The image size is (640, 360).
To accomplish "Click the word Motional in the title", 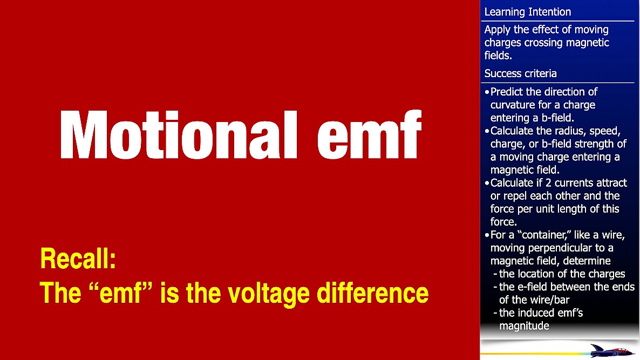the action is coord(179,135).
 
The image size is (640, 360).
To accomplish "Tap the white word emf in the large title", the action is coord(369,135).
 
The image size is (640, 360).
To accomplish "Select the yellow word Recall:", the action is coord(78,259).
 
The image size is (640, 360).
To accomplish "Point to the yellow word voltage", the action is coord(269,294).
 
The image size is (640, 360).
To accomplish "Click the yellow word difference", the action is coord(373,293).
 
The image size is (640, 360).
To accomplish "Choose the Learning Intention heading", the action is coord(527,12).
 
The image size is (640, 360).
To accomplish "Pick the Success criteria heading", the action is coord(520,73).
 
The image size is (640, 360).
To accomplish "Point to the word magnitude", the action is coord(524,326).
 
